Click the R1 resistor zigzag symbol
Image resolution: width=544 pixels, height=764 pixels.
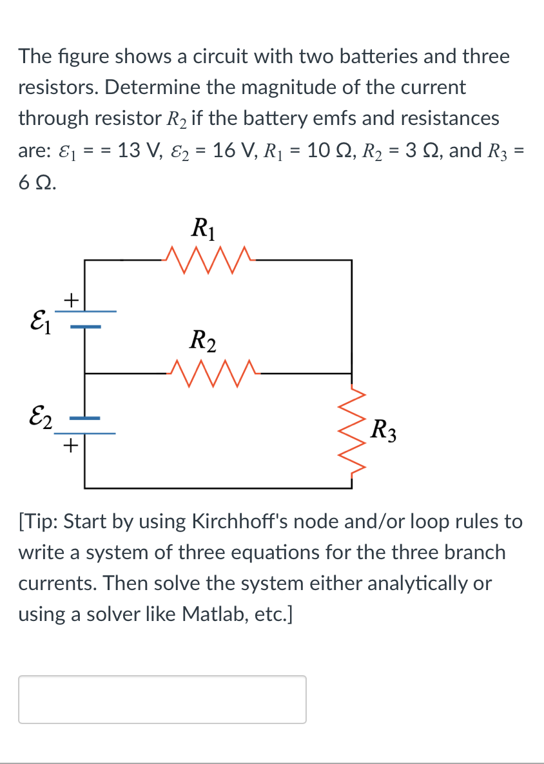(x=209, y=260)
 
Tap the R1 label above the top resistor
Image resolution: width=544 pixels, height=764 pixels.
(x=204, y=228)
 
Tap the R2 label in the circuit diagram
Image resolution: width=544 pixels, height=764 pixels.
(x=204, y=339)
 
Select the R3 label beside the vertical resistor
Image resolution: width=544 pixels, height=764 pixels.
(x=385, y=428)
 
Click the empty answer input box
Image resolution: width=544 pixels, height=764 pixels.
(x=162, y=699)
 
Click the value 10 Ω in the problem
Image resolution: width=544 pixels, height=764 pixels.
(x=329, y=150)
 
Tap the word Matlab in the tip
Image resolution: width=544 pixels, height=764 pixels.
(x=212, y=614)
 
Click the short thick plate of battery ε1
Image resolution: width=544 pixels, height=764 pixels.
(x=85, y=327)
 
